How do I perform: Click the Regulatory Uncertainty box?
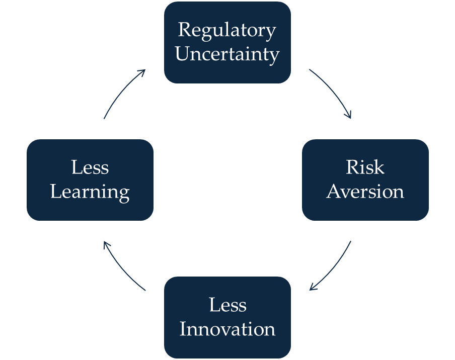(227, 42)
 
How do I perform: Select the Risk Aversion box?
(365, 179)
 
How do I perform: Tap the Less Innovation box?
(227, 317)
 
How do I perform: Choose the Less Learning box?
(90, 179)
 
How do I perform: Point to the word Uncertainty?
(227, 54)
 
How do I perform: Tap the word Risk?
(365, 167)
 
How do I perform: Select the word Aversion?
(365, 192)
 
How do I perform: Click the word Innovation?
(227, 329)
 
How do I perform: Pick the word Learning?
(90, 192)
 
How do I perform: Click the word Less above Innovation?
(227, 305)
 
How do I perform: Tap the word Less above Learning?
(90, 167)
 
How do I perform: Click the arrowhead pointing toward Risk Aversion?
(349, 116)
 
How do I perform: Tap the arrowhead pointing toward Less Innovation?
(312, 288)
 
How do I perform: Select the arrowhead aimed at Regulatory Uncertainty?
(143, 71)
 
